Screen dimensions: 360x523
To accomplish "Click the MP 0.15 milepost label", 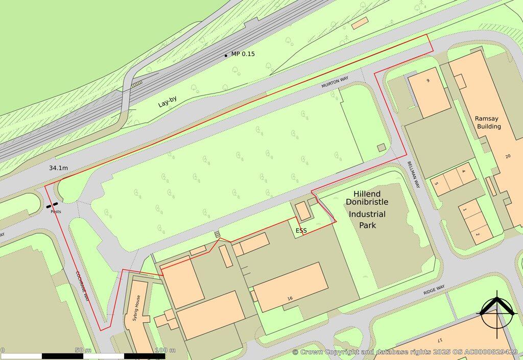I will click(243, 54).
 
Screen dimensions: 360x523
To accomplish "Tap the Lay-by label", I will click(170, 102).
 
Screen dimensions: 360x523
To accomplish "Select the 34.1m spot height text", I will click(59, 167).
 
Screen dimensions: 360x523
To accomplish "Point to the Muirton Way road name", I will click(335, 83).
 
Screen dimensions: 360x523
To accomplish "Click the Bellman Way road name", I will click(413, 174).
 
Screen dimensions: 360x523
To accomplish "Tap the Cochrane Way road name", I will click(82, 286).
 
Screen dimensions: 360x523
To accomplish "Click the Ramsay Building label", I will click(488, 122).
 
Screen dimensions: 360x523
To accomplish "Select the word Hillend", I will click(367, 194).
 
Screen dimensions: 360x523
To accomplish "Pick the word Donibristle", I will click(367, 202).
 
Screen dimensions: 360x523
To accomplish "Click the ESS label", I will click(301, 231).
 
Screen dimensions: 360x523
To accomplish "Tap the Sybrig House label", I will click(136, 307).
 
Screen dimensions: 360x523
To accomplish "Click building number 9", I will click(428, 81).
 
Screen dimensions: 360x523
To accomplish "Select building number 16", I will click(290, 298).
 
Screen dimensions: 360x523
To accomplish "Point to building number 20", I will click(508, 156).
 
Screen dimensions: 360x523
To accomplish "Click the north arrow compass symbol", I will click(496, 310).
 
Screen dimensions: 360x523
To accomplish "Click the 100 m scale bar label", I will click(165, 350).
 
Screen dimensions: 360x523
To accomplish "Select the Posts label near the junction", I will click(56, 211).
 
